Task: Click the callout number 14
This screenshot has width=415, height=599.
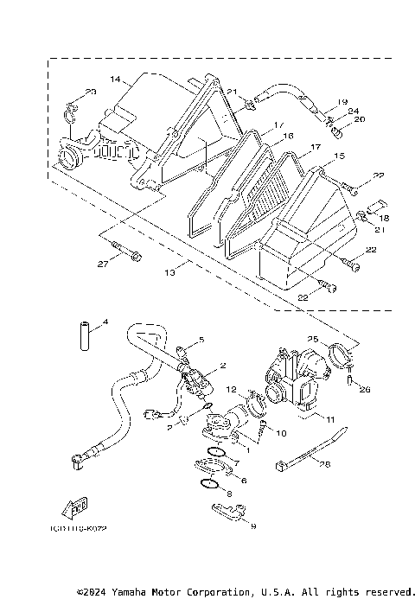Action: [x=115, y=79]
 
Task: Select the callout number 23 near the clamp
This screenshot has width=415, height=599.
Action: [x=91, y=92]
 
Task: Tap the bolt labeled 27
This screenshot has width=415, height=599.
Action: [x=131, y=254]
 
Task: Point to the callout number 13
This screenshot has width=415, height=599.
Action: [x=170, y=271]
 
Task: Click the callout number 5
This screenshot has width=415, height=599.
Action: [x=201, y=340]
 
